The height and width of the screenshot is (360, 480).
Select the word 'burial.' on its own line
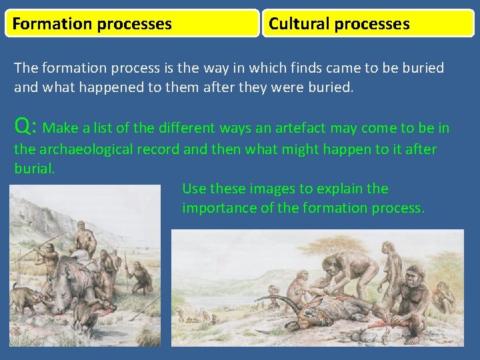(34, 169)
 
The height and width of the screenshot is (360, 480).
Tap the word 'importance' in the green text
(219, 208)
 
